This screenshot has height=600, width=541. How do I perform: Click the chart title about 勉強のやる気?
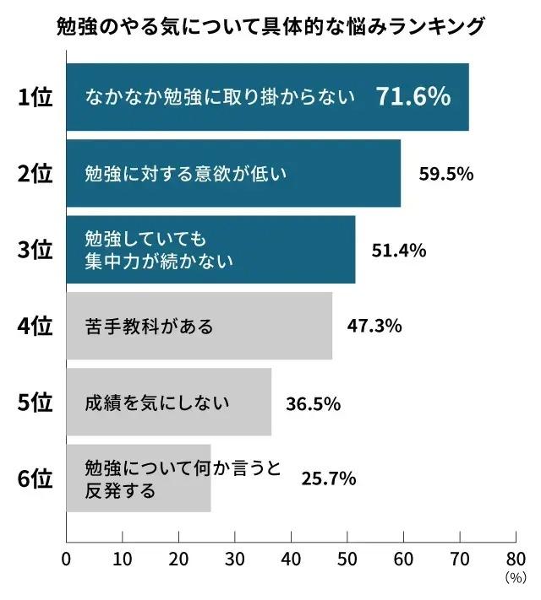[x=270, y=26]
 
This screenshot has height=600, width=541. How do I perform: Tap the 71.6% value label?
[x=413, y=97]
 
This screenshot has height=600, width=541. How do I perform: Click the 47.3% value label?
[x=374, y=326]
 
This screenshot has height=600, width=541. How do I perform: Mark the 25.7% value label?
[x=329, y=478]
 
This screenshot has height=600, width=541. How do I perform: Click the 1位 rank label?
[x=36, y=98]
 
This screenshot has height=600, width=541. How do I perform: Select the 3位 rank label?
[x=36, y=251]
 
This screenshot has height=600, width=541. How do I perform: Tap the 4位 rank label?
[x=36, y=327]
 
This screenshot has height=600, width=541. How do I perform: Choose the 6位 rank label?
[x=36, y=479]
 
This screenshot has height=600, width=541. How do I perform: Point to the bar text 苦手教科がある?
[x=150, y=327]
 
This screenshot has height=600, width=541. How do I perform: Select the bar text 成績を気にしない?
[x=157, y=403]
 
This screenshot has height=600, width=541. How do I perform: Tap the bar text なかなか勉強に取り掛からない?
[x=219, y=98]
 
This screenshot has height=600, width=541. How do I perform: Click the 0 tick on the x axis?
[x=66, y=559]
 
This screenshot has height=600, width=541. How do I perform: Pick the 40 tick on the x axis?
[x=291, y=559]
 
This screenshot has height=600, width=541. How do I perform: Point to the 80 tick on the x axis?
[x=515, y=559]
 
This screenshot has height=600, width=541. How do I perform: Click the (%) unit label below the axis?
[x=514, y=578]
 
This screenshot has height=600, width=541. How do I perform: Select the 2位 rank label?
[x=36, y=175]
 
